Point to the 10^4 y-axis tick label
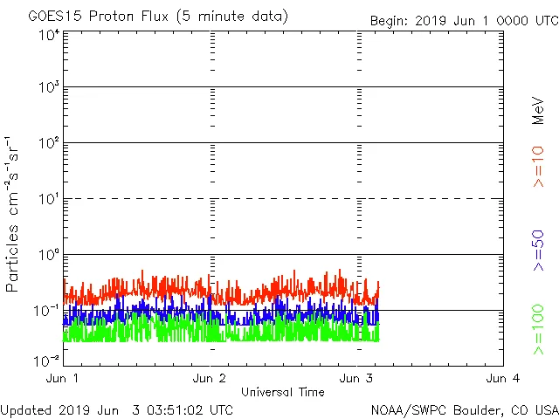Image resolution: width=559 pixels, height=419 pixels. pyautogui.click(x=48, y=34)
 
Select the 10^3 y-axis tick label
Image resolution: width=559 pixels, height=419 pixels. pyautogui.click(x=48, y=87)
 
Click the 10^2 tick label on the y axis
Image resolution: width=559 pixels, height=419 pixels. pyautogui.click(x=48, y=143)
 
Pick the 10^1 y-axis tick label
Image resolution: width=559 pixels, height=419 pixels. pyautogui.click(x=48, y=199)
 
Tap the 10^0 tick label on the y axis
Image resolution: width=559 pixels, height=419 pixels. pyautogui.click(x=48, y=255)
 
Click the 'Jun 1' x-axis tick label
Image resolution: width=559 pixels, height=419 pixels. pyautogui.click(x=62, y=378)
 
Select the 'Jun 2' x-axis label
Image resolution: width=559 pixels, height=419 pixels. pyautogui.click(x=209, y=378)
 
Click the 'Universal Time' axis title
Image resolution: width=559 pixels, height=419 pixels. pyautogui.click(x=283, y=392)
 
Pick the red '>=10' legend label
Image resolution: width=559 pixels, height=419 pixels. pyautogui.click(x=538, y=166)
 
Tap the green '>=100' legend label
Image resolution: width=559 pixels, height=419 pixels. pyautogui.click(x=538, y=330)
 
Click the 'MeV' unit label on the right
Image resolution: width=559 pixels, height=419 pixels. pyautogui.click(x=538, y=111)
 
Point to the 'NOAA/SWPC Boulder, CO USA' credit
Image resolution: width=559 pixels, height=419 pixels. pyautogui.click(x=464, y=409)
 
